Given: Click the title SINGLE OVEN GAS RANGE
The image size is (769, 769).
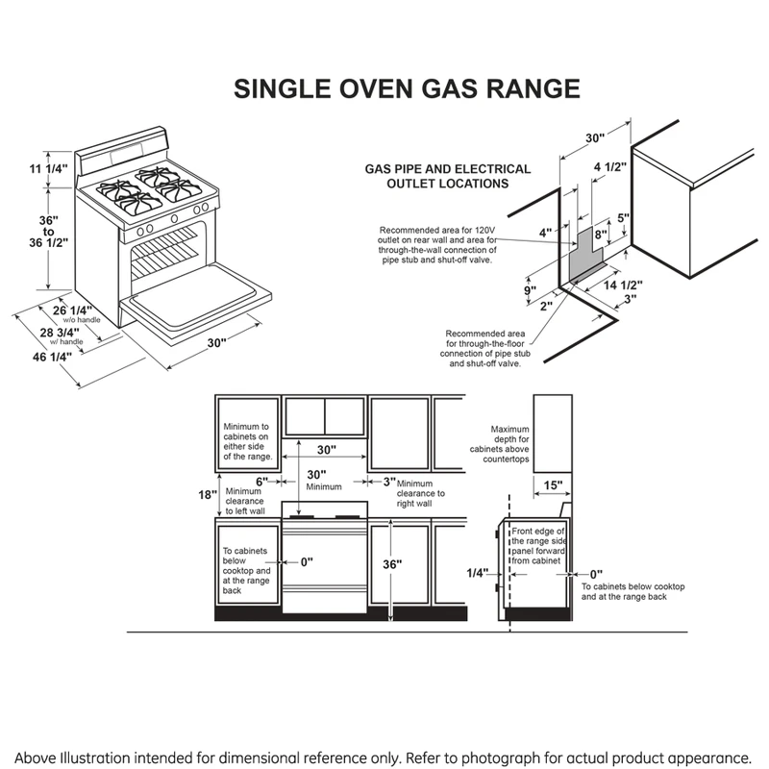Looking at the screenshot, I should (x=408, y=89).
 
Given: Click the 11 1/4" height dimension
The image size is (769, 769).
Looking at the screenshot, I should (x=48, y=169).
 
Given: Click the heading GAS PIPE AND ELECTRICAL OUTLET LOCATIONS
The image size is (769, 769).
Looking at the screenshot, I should (x=435, y=175).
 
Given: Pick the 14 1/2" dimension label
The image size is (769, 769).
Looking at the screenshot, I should (x=622, y=285).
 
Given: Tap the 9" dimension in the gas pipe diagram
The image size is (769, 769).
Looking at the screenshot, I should (x=529, y=289).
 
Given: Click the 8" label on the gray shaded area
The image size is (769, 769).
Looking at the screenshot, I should (x=600, y=234).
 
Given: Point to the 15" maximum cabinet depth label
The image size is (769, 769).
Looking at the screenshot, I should (x=552, y=484).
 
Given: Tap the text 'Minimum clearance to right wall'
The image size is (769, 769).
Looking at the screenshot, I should (x=413, y=493).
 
